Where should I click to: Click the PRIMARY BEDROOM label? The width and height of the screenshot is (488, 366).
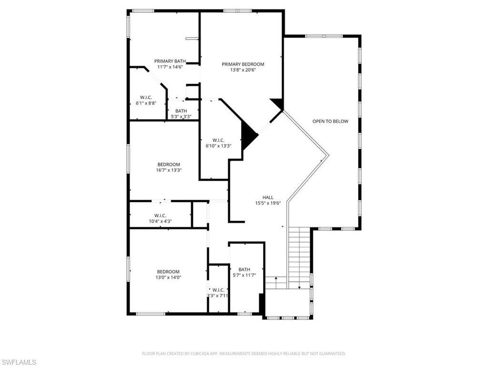(243, 64)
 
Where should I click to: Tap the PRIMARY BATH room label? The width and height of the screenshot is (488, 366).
(170, 61)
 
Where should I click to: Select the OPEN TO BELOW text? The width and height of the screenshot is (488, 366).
(330, 121)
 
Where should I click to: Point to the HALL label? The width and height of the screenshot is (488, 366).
(268, 197)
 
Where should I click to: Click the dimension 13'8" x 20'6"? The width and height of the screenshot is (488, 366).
(243, 70)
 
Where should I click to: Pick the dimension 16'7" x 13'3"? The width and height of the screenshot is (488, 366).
(169, 170)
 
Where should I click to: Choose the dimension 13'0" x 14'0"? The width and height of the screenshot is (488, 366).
(168, 277)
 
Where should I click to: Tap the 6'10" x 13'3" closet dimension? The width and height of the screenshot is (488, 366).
(218, 146)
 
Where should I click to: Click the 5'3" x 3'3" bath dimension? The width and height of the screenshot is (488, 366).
(181, 116)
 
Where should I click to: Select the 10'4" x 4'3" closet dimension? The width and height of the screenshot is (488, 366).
(160, 221)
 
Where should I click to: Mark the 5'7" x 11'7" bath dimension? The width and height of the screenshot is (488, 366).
(244, 275)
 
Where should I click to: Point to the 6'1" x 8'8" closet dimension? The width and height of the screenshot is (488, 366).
(146, 103)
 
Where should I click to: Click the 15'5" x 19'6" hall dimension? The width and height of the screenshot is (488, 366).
(268, 203)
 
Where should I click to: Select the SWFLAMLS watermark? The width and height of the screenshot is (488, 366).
(19, 362)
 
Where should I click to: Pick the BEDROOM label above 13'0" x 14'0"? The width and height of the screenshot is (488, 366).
(168, 272)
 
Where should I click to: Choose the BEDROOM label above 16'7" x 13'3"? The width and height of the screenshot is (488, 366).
(169, 164)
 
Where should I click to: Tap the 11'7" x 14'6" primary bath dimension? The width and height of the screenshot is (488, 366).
(170, 67)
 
